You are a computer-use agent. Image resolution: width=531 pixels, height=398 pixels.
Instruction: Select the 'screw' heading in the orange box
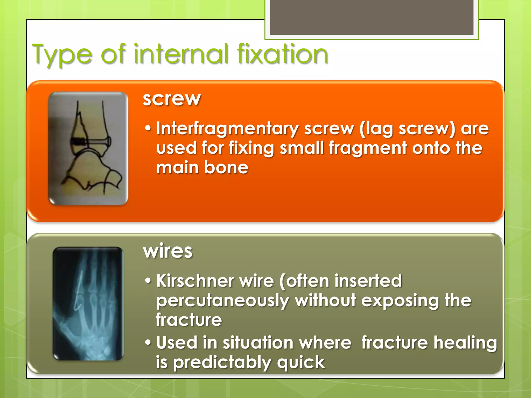(x=172, y=99)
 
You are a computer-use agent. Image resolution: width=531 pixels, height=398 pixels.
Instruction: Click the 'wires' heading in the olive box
(x=168, y=251)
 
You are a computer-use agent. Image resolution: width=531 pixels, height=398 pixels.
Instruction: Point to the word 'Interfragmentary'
(x=227, y=129)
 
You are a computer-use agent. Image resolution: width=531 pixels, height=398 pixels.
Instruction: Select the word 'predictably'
(x=222, y=363)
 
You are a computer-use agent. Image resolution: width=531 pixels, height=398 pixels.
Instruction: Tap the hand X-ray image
(x=88, y=303)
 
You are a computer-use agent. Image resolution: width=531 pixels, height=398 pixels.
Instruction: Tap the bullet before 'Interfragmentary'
(x=148, y=128)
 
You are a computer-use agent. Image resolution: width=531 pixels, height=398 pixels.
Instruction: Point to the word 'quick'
(x=301, y=363)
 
